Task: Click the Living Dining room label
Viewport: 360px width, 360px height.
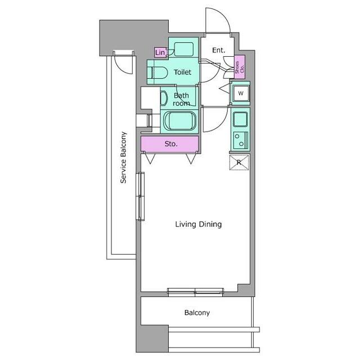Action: pos(199,224)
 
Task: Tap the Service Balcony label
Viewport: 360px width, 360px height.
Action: pos(124,157)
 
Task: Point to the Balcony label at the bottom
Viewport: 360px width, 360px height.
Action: pos(197,313)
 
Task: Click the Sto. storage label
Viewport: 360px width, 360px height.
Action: pos(171,144)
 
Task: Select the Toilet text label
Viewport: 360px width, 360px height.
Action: pos(182,73)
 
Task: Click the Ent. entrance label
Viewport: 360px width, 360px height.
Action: pos(219,50)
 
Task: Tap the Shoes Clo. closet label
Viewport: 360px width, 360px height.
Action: pos(240,67)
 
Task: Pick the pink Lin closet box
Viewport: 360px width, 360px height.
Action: pos(160,52)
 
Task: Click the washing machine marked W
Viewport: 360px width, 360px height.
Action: pos(241,93)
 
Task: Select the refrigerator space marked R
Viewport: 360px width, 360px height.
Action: pos(239,163)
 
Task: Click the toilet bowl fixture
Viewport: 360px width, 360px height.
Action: pos(157,73)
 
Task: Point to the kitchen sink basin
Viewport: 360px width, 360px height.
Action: pos(240,119)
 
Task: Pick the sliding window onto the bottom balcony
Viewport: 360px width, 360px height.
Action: pos(195,291)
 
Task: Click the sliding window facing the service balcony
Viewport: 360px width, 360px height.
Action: pos(140,196)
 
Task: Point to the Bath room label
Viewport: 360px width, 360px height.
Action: pos(181,100)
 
